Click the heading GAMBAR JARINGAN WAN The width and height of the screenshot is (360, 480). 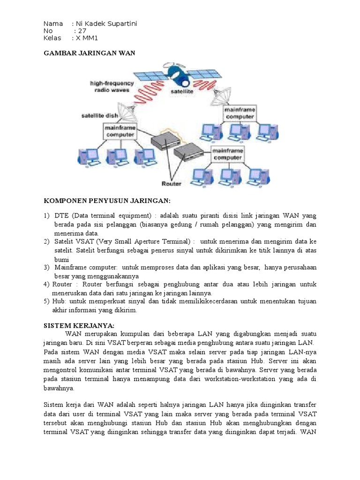pyautogui.click(x=89, y=53)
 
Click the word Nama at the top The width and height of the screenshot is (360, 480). pyautogui.click(x=53, y=24)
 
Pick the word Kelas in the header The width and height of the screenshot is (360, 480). pyautogui.click(x=52, y=38)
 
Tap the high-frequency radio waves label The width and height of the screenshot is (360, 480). pyautogui.click(x=112, y=87)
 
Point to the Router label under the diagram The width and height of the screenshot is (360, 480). pyautogui.click(x=171, y=183)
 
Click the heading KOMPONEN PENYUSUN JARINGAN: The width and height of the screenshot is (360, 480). pyautogui.click(x=107, y=201)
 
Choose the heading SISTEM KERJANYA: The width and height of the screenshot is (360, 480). pyautogui.click(x=79, y=325)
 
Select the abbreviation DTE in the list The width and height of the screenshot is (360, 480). pyautogui.click(x=62, y=216)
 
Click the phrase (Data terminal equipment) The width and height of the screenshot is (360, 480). pyautogui.click(x=112, y=216)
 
